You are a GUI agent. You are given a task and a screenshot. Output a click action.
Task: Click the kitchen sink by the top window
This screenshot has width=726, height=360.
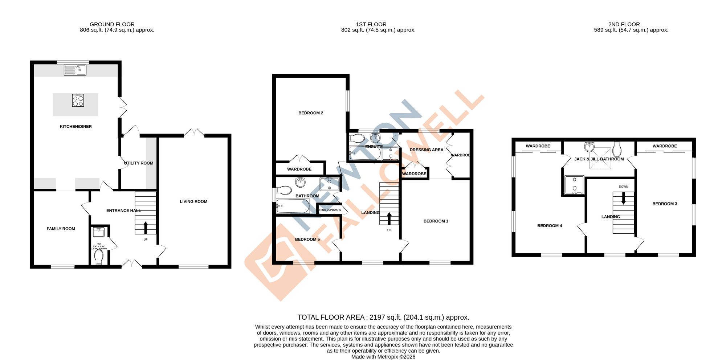coord(75,70)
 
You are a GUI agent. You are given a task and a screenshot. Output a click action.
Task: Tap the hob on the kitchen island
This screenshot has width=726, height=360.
coord(78,101)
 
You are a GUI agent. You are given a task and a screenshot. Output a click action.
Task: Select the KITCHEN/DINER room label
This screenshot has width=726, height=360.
coord(76,127)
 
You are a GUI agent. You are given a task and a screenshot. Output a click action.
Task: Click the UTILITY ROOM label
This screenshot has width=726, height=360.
coord(139,163)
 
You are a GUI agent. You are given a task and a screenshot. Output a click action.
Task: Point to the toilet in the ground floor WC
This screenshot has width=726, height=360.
coord(98,257)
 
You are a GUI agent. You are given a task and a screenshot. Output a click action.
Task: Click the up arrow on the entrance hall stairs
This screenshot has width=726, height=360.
coord(146,228)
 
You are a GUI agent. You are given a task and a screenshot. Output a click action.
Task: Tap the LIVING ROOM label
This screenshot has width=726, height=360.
coord(193,202)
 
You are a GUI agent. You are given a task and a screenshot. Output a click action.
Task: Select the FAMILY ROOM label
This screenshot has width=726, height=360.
coord(61,229)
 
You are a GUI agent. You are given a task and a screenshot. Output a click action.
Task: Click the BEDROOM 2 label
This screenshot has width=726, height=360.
coord(311,113)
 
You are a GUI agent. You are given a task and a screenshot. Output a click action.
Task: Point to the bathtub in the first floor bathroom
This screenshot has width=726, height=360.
coord(293,206)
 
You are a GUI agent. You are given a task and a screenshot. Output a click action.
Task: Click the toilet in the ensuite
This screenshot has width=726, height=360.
coord(357,138)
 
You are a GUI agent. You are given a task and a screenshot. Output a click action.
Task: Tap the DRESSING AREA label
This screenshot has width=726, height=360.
coord(426,150)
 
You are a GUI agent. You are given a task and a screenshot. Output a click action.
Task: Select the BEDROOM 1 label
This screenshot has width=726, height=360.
coord(436,221)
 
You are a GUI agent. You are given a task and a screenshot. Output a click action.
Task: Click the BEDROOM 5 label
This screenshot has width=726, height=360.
coord(307,240)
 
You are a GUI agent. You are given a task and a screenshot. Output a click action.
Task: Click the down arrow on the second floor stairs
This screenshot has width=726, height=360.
coord(624,199)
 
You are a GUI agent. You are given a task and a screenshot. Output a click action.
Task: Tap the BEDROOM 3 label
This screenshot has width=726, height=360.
coord(665,204)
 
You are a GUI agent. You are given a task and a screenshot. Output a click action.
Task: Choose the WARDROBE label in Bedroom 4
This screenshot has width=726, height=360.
coord(538,146)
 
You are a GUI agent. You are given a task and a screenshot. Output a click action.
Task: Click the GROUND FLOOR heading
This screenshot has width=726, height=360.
coord(112,24)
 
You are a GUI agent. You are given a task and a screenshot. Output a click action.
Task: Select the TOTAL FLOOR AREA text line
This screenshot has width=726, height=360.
coord(383,318)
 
